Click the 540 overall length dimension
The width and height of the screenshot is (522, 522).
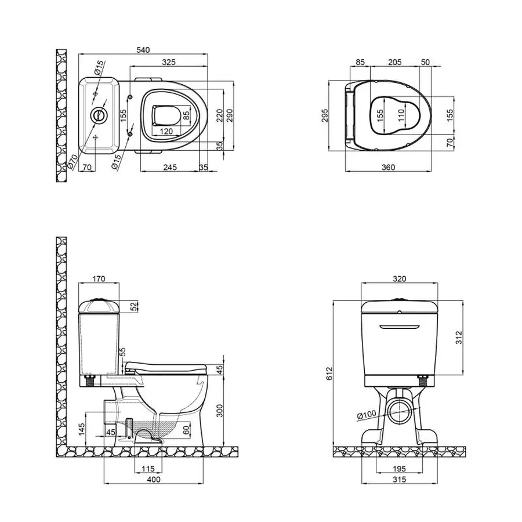[143, 50]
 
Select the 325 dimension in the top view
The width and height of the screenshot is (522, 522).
[169, 61]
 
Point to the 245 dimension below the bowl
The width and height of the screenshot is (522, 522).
[170, 167]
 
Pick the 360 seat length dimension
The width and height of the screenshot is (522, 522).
[388, 167]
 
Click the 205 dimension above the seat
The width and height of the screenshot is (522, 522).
[394, 61]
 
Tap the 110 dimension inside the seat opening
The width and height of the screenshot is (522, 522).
[401, 115]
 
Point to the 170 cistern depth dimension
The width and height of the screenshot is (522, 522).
[99, 278]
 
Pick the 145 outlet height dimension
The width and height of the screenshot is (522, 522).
[82, 429]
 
